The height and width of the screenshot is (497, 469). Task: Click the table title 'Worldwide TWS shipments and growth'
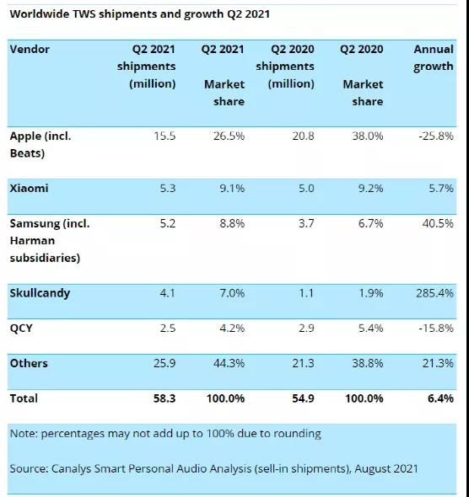(x=116, y=14)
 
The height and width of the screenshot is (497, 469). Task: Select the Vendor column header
(x=30, y=49)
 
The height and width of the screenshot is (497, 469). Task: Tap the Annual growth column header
(x=433, y=57)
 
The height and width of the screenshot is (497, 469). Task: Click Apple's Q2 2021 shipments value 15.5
(x=164, y=136)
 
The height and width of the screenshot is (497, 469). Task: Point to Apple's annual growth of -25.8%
(x=436, y=136)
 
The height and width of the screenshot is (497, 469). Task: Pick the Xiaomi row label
(x=30, y=189)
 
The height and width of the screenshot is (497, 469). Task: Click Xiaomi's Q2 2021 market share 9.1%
(x=232, y=189)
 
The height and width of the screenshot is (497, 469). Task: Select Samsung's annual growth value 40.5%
(x=438, y=223)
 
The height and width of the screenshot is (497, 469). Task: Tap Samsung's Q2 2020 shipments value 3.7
(x=306, y=223)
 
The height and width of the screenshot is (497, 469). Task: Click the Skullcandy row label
(x=40, y=293)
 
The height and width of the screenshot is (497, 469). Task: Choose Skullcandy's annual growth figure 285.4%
(x=434, y=293)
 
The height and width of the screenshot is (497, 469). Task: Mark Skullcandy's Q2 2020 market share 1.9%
(x=370, y=293)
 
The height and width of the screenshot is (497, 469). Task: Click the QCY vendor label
(x=21, y=328)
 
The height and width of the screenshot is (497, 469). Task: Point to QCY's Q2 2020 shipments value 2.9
(x=306, y=328)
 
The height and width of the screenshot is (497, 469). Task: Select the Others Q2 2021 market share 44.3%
(x=229, y=363)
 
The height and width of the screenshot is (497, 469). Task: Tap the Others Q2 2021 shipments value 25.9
(x=164, y=363)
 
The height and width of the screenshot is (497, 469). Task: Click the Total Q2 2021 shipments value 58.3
(x=164, y=398)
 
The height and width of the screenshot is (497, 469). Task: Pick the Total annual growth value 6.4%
(x=440, y=398)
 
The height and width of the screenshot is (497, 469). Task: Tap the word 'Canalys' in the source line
(x=72, y=469)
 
